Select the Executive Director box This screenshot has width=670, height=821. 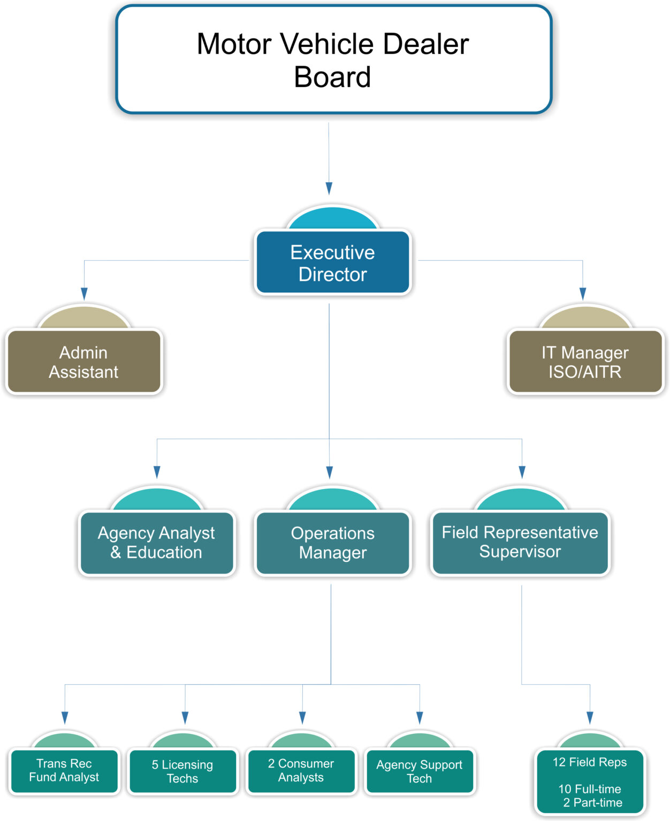[x=332, y=263]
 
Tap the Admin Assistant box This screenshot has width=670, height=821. [x=83, y=362]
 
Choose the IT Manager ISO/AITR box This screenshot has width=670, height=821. [x=585, y=362]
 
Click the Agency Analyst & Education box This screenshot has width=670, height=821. [x=156, y=543]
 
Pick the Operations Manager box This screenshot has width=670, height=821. [x=332, y=543]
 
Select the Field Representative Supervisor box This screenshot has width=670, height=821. [x=520, y=542]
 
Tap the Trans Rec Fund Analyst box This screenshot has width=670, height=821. [x=64, y=770]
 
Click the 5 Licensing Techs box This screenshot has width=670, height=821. [x=182, y=771]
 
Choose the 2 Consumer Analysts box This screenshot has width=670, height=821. [x=301, y=770]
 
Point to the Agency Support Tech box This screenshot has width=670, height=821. [x=419, y=771]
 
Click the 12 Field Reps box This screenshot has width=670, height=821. [x=590, y=762]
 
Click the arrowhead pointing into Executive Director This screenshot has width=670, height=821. [x=329, y=188]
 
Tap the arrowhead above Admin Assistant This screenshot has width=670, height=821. [x=84, y=293]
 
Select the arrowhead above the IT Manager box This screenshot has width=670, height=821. [x=583, y=293]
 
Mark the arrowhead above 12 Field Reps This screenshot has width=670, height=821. [x=590, y=717]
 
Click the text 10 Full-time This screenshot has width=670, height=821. [x=590, y=789]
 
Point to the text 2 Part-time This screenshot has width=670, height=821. [x=592, y=802]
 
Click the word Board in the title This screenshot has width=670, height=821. [x=332, y=77]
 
